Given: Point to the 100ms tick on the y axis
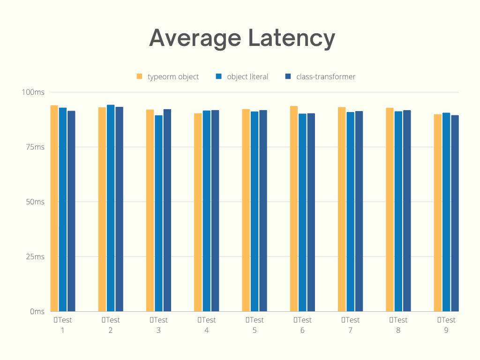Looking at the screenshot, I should [33, 92].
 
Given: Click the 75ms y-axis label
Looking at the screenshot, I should [35, 147].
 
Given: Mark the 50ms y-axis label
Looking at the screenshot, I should [35, 202].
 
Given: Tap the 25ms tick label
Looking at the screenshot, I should [35, 257].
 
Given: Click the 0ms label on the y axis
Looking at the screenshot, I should [37, 312].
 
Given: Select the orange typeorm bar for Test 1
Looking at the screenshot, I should [54, 209].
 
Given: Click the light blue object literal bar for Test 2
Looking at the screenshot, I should [111, 209].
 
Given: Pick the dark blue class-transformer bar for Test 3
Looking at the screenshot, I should [167, 211].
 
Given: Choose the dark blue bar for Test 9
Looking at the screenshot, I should [455, 213].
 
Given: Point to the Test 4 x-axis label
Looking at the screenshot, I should [207, 325].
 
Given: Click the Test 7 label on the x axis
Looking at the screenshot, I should [351, 325].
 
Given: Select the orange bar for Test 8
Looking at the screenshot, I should [390, 210].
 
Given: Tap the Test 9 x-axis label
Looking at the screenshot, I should [446, 325].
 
